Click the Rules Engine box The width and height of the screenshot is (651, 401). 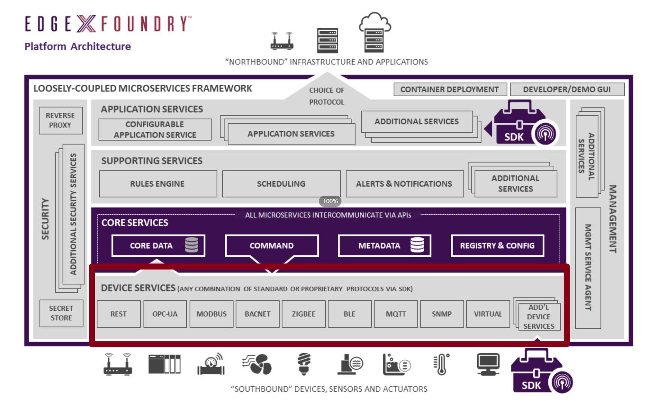[158, 184]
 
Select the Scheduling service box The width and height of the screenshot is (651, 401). [281, 184]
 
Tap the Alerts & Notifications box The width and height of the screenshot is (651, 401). [404, 184]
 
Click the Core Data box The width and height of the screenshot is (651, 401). [158, 245]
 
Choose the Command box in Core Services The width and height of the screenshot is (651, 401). [272, 245]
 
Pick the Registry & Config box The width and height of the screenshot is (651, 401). [497, 245]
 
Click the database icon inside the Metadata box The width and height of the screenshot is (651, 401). [417, 245]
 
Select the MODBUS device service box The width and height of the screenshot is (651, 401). [211, 314]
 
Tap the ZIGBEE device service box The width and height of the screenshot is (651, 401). [304, 314]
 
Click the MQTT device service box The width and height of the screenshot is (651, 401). [396, 314]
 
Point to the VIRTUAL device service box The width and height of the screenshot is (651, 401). [488, 314]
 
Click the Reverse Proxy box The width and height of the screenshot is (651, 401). [60, 120]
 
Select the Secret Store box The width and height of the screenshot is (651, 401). [61, 313]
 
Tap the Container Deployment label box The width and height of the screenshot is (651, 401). [450, 89]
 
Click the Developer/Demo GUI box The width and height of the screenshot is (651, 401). [567, 89]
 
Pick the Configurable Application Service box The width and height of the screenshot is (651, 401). [155, 129]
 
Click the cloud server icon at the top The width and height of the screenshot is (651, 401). [374, 33]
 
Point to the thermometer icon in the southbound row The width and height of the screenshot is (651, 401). [441, 364]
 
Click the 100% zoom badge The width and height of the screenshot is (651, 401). [330, 201]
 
